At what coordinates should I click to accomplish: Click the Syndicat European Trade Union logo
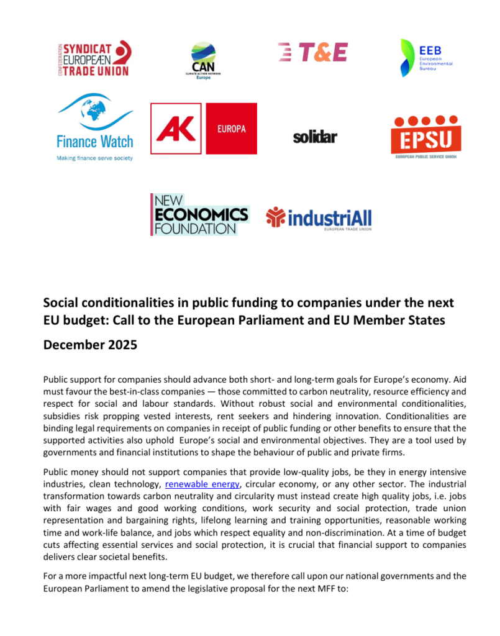(94, 58)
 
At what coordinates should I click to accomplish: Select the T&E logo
(312, 52)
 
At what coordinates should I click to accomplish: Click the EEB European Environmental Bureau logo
(426, 57)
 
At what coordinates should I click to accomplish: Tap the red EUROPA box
(231, 129)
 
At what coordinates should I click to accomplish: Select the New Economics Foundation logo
(199, 214)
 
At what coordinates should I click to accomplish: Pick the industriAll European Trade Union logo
(319, 218)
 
